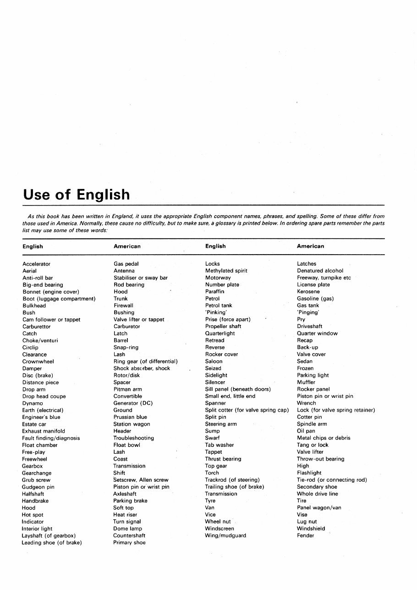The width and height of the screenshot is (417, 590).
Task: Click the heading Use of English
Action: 76,195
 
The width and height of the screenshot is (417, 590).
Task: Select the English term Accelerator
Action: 37,264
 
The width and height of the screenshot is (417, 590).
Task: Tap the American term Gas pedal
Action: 126,264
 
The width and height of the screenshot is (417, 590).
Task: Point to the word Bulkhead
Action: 34,306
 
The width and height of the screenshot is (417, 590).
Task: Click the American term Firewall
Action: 123,306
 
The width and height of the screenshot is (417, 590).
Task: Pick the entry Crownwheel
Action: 38,362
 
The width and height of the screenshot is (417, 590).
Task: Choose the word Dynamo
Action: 33,403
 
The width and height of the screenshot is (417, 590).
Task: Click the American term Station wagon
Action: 132,424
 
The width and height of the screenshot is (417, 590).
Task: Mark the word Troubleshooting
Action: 134,438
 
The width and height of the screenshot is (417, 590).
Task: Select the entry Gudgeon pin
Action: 38,487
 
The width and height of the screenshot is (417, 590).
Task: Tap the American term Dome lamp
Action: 127,529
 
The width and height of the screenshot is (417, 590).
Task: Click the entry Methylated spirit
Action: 226,271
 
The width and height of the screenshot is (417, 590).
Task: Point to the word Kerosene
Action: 308,292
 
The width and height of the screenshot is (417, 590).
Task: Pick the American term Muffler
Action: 306,382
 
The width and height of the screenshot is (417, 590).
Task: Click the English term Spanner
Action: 215,403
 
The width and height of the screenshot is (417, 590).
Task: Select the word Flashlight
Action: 309,473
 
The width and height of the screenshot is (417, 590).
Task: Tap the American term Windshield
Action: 311,529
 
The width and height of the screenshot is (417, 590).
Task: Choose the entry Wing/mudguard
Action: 225,535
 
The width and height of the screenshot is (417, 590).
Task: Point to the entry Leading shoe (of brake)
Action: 52,543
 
